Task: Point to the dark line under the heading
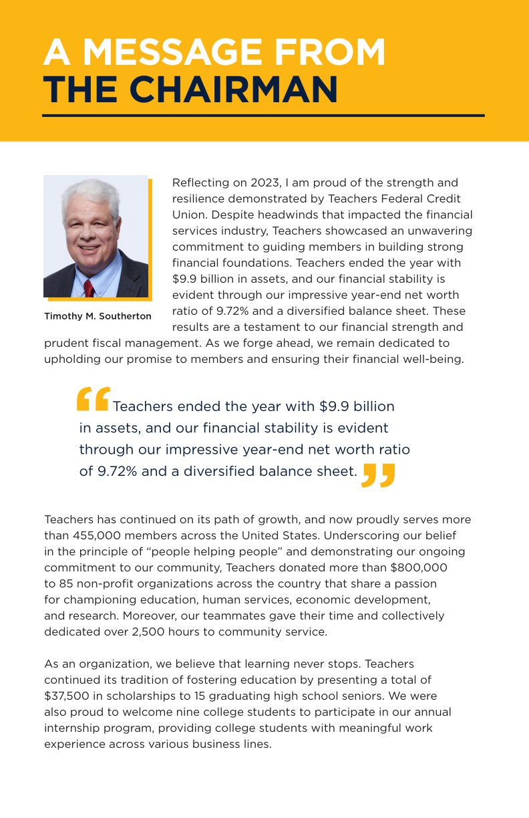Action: (263, 116)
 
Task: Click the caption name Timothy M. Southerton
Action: (98, 316)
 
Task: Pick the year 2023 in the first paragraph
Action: (267, 182)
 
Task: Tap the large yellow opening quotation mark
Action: (93, 399)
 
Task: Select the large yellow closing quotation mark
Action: (379, 475)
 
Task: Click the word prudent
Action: (64, 343)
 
